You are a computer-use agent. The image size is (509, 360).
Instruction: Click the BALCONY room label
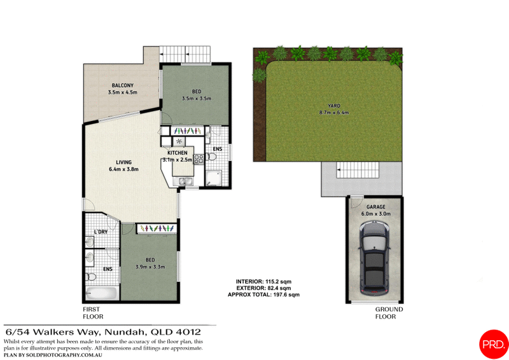coord(122,86)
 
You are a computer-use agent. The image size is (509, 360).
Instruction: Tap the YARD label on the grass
coord(334,107)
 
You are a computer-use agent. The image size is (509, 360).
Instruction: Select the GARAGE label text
coord(375,207)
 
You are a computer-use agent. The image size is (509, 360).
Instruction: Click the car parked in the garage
coord(375,261)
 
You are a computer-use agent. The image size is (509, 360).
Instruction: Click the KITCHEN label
coord(178,153)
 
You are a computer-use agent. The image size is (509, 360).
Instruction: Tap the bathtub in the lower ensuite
coord(102,294)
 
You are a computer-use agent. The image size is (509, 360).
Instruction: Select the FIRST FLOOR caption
coord(93,312)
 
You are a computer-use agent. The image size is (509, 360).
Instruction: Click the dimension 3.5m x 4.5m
coord(123,93)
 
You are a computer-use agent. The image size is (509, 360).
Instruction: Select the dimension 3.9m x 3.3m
coord(150,267)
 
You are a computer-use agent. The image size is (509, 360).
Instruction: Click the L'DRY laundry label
coord(100,232)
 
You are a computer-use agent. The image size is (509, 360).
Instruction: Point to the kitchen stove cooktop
coord(199,158)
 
